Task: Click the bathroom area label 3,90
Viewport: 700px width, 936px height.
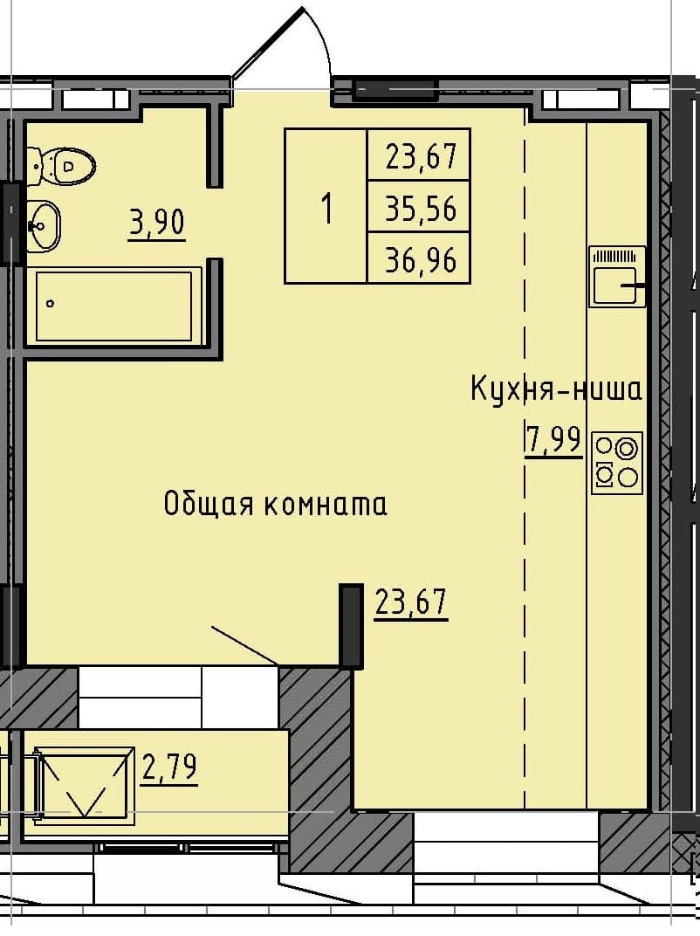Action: point(157,224)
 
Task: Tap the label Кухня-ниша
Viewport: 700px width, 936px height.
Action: point(556,389)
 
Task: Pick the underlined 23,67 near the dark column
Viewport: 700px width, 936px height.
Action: point(411,602)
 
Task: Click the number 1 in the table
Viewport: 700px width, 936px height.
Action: point(327,209)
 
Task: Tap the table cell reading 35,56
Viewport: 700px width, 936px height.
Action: point(421,208)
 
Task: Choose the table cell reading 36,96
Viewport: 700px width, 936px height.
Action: point(421,259)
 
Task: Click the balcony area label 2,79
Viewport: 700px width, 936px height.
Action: point(168,768)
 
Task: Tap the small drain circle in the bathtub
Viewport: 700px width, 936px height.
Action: point(51,304)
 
